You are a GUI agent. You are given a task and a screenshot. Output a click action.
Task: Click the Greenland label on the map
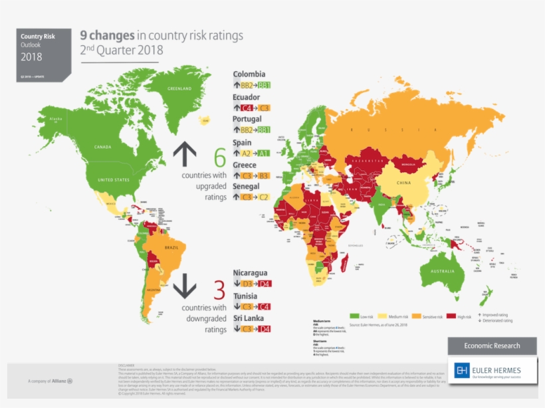pos(179,88)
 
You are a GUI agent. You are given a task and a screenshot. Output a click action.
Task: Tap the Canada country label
pos(103,147)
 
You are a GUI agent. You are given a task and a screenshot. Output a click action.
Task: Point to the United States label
pos(114,180)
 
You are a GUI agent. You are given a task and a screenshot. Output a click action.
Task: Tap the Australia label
pos(442,272)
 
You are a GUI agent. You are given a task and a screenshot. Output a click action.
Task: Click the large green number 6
pos(219,158)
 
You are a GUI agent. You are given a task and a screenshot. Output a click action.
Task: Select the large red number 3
pos(219,290)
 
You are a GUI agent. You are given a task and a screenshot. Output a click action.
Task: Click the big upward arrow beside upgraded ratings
pos(185,155)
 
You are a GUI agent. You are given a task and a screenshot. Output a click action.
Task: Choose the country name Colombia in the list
pos(249,74)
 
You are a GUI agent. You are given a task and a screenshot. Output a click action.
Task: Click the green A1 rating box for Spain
pos(265,153)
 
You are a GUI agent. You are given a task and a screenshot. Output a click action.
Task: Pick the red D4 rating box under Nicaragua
pos(265,284)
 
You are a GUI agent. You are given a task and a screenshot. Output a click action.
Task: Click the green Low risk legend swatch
pos(354,317)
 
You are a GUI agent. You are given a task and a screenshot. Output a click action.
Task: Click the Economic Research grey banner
pos(492,346)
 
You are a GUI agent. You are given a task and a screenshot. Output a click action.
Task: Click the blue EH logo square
pos(462,371)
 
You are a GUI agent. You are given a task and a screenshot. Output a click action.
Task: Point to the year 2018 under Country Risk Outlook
pos(31,56)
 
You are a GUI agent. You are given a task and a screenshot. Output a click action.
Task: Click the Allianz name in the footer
pos(62,381)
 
